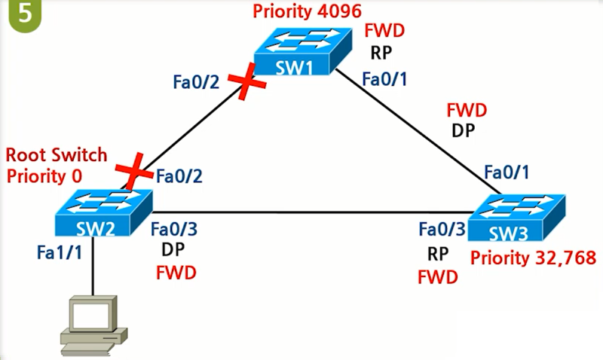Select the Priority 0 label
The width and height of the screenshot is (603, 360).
coord(44,175)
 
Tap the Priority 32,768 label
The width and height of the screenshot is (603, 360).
coord(533,258)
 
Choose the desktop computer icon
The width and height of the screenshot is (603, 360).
coord(91,325)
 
